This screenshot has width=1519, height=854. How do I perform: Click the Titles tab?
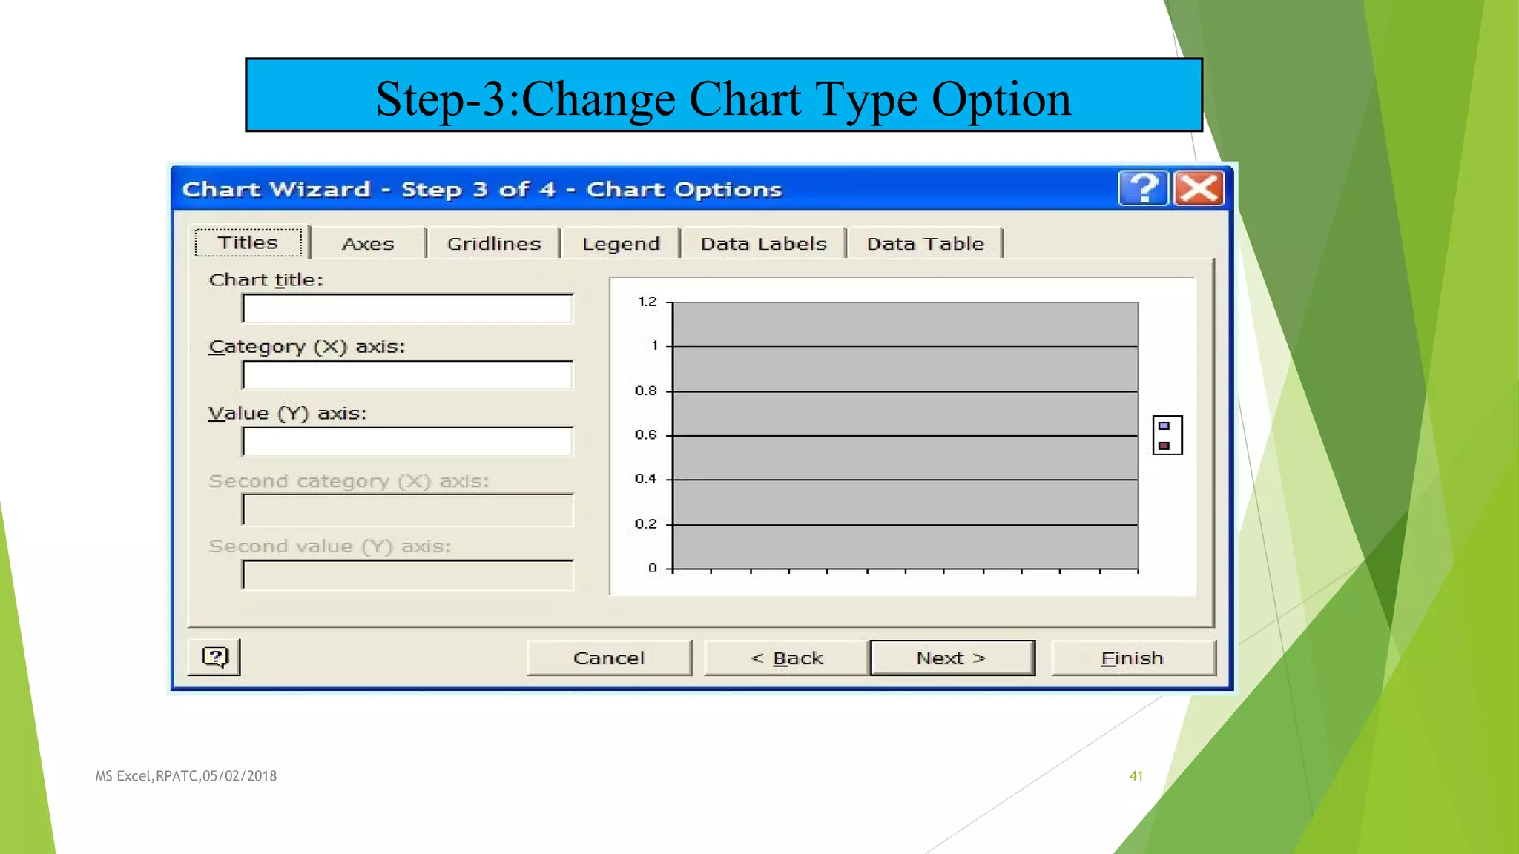tap(248, 242)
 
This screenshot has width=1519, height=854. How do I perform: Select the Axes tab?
tap(368, 244)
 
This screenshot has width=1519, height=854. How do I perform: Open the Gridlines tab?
tap(494, 244)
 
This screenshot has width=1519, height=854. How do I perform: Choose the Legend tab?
tap(621, 244)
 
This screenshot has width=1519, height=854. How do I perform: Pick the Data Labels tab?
tap(763, 244)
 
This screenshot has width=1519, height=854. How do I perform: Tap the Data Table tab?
tap(925, 244)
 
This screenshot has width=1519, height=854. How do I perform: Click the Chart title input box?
tap(407, 308)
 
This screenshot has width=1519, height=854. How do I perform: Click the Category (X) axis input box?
tap(407, 375)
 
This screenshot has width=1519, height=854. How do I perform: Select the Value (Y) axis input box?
tap(407, 442)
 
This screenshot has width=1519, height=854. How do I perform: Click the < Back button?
tap(786, 658)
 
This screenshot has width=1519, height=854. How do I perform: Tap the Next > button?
tap(952, 658)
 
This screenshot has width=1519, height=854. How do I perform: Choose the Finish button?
tap(1133, 658)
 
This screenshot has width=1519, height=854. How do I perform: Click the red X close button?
tap(1199, 188)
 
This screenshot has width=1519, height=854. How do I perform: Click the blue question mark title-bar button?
tap(1143, 188)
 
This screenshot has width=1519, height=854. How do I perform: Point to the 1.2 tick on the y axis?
tap(648, 302)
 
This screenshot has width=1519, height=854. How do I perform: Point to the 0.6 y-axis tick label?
tap(646, 435)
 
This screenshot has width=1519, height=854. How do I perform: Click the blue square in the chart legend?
tap(1164, 426)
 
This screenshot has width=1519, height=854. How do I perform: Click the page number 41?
tap(1136, 776)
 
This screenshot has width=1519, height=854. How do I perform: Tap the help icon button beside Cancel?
tap(214, 658)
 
